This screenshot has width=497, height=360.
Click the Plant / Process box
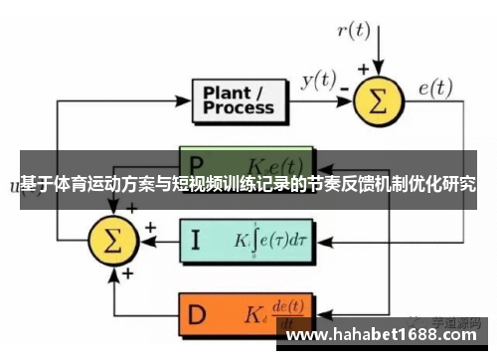point(240,100)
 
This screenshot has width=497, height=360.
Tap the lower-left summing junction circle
point(111,240)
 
